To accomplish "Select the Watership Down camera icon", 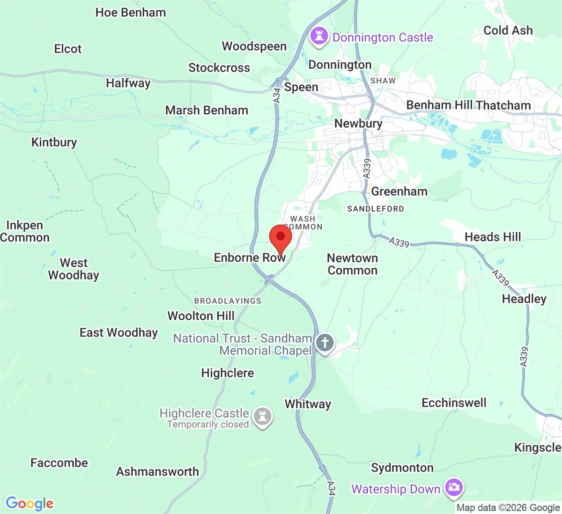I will click(453, 487).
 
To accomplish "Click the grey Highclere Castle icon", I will click(262, 416).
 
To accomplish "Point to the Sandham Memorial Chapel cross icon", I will click(325, 343).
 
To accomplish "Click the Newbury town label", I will click(358, 124).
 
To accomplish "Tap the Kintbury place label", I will click(54, 142).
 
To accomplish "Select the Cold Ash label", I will click(508, 30).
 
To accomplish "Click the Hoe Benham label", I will click(131, 13).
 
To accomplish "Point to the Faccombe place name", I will click(59, 463).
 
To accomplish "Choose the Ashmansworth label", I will click(157, 471).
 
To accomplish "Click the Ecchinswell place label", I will click(454, 403).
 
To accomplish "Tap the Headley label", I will click(524, 299).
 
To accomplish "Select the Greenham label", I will click(399, 191).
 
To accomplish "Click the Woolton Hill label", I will click(201, 316).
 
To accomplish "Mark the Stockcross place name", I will click(219, 68).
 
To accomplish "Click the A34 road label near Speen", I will click(277, 95).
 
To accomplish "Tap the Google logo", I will click(30, 504).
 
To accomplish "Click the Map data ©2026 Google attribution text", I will click(508, 508).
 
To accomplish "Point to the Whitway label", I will click(308, 404).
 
